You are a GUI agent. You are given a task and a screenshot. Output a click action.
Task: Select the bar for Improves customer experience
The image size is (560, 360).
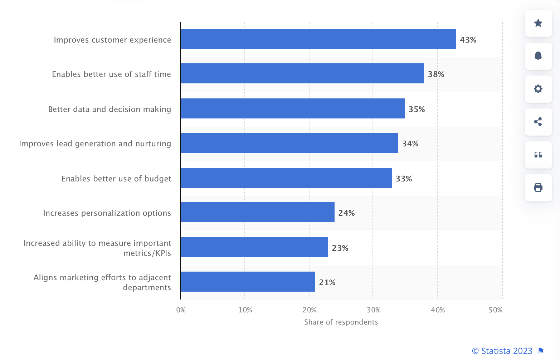tap(318, 39)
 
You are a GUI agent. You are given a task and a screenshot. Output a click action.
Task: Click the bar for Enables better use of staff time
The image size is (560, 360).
tap(302, 73)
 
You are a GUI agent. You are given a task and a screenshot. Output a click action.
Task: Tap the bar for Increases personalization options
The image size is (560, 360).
tap(257, 212)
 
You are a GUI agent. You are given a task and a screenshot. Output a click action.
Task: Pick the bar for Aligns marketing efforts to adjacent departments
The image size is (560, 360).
tap(248, 282)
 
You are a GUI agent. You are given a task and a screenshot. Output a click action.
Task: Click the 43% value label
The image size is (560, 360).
tap(468, 40)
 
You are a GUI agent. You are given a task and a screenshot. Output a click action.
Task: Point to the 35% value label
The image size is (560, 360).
tap(417, 109)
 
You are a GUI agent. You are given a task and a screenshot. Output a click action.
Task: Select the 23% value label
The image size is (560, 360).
tap(340, 248)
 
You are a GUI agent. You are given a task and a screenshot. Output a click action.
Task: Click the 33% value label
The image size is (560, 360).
tap(404, 179)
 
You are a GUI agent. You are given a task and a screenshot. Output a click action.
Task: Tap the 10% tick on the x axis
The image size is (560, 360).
tap(245, 310)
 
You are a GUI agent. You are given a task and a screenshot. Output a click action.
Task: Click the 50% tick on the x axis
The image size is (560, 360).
tap(495, 310)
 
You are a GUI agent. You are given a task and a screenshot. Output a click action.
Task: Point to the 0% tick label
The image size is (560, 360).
tap(181, 310)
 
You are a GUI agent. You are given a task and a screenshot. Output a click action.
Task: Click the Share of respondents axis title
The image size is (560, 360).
tap(341, 322)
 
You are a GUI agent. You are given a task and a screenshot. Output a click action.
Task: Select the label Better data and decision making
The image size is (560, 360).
tap(109, 109)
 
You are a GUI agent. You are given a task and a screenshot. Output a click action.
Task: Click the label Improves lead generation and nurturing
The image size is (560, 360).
tap(95, 143)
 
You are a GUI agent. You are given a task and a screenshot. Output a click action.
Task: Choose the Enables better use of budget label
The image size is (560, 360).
tap(116, 179)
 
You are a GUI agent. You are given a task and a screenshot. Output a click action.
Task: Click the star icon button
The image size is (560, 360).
tap(538, 23)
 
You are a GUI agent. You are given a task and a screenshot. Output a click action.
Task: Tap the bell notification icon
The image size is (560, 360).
tap(538, 56)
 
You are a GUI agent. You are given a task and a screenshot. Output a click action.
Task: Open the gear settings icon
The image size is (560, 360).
tap(538, 89)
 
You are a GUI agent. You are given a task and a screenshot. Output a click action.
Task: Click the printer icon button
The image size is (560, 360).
tap(538, 188)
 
